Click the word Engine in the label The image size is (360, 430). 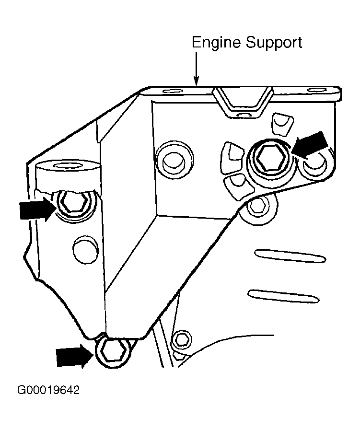point(217,43)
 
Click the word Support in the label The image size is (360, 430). point(274,44)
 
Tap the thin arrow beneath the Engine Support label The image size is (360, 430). point(196,68)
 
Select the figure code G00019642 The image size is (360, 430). point(48,389)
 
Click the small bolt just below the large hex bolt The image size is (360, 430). point(257,206)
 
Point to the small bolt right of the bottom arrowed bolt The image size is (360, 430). point(182,340)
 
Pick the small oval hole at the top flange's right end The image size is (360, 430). point(316,91)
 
